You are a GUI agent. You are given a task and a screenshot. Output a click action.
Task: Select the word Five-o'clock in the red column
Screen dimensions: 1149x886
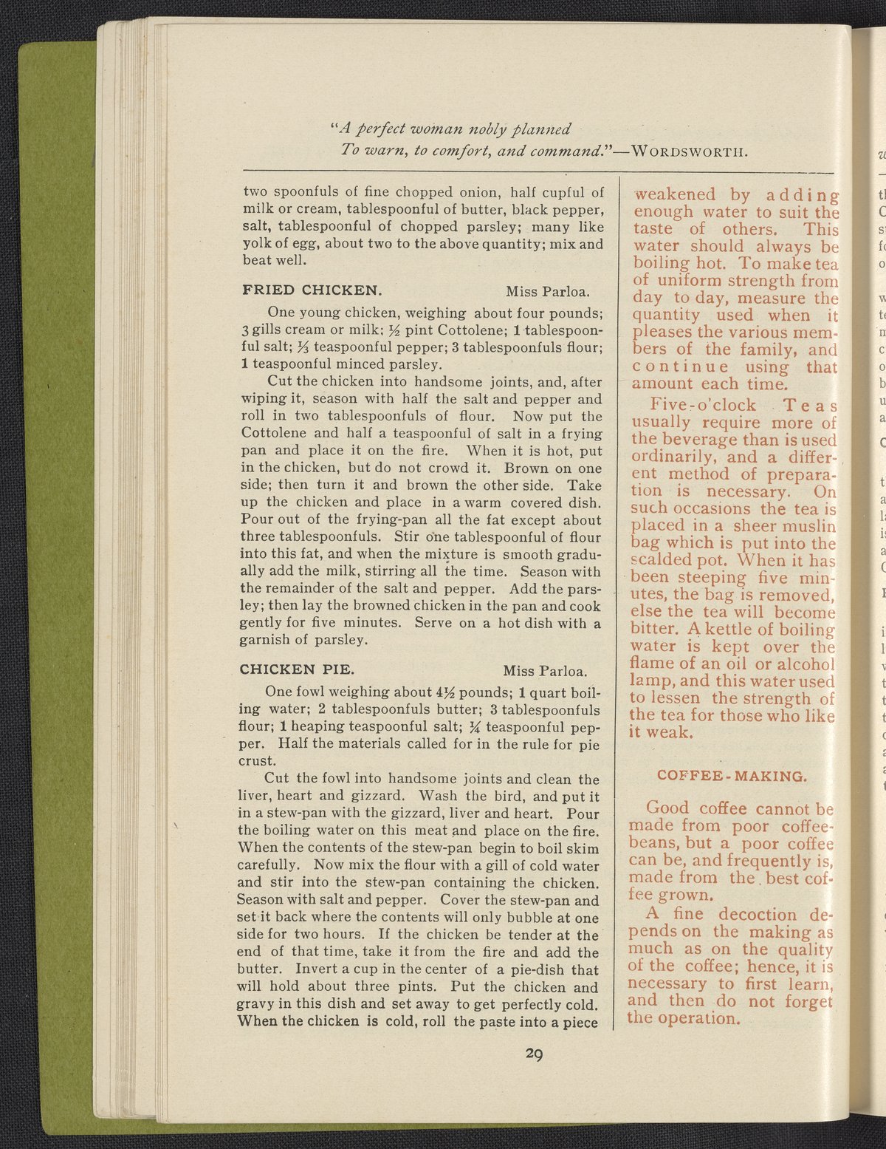[x=703, y=405]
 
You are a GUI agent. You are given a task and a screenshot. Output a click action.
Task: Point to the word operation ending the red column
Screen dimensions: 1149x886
[x=693, y=1018]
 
